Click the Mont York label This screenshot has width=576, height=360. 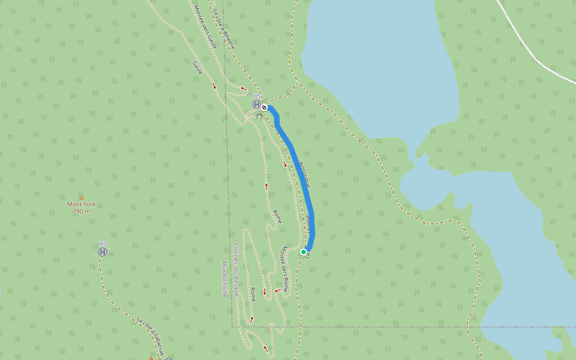[x=81, y=204]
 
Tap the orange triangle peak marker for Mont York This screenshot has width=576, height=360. [x=81, y=197]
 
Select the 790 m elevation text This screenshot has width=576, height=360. [x=81, y=211]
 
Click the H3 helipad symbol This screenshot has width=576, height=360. [x=103, y=252]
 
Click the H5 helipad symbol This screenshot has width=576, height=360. [x=257, y=104]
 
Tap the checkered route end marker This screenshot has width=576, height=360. [x=264, y=107]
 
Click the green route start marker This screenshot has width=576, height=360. [x=304, y=252]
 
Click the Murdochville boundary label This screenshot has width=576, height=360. [x=224, y=279]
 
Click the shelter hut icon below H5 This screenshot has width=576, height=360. [x=259, y=116]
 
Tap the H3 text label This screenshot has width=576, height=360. [x=103, y=244]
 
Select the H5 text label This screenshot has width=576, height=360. [x=257, y=96]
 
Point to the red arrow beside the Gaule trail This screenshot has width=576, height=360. [x=214, y=86]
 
